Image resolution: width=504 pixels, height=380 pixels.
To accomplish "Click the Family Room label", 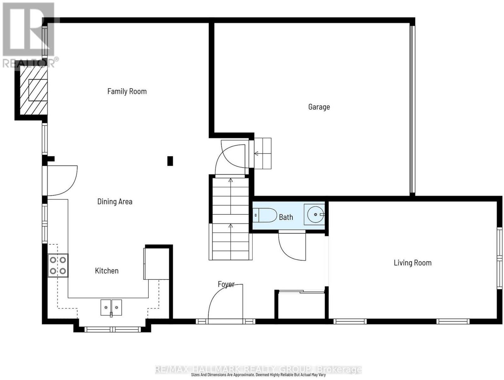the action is click(127, 91).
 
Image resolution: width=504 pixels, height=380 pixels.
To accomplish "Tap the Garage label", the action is click(319, 107).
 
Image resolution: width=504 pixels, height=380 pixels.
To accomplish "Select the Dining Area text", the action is click(115, 202).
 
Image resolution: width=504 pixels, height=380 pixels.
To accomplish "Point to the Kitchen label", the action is click(106, 271).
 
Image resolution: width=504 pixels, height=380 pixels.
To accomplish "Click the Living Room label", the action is click(412, 263).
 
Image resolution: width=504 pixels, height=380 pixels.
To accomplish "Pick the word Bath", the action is click(286, 217).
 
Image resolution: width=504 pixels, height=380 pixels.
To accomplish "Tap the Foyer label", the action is click(226, 284).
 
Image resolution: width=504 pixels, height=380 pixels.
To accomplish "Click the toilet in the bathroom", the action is click(265, 215).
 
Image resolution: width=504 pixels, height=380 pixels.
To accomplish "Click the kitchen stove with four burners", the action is click(58, 266).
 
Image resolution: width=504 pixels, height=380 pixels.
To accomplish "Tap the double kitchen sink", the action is click(111, 307).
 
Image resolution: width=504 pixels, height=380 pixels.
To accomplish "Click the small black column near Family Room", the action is click(170, 161).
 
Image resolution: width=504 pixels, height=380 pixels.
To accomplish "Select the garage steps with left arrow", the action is click(263, 153).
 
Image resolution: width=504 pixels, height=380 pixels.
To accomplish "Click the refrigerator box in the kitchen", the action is click(156, 264).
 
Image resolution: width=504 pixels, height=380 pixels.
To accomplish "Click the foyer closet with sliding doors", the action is click(301, 305).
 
